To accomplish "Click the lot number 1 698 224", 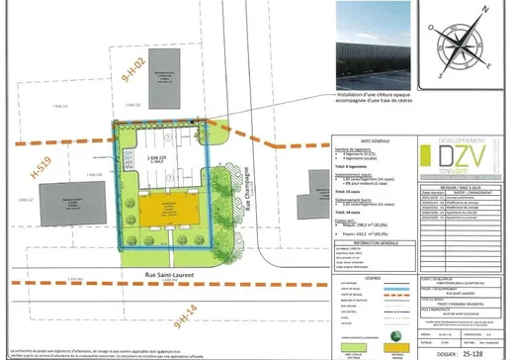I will pyautogui.click(x=157, y=157).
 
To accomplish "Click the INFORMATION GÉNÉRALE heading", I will pyautogui.click(x=365, y=240).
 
